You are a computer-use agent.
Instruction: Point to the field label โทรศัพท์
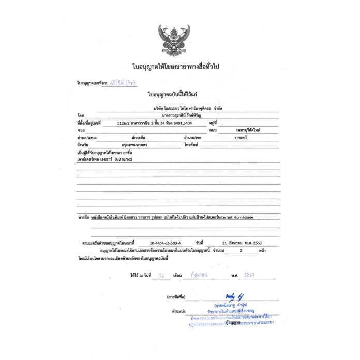(192, 145)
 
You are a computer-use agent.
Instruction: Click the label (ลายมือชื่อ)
(176, 298)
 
